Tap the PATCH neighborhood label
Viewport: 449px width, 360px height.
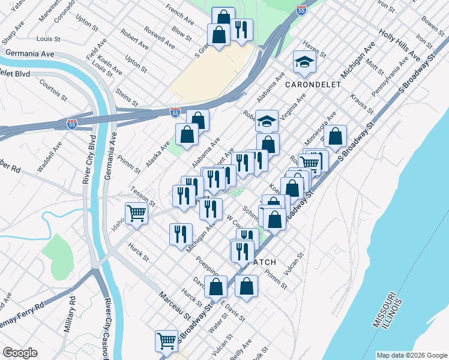262,262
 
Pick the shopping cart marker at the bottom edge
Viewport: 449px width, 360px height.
167,341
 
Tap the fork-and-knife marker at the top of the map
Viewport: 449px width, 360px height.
241,30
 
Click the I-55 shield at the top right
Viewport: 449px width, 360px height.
301,10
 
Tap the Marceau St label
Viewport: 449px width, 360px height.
175,306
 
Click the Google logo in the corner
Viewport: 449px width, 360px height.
20,353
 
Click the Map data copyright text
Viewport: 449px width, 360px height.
411,355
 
